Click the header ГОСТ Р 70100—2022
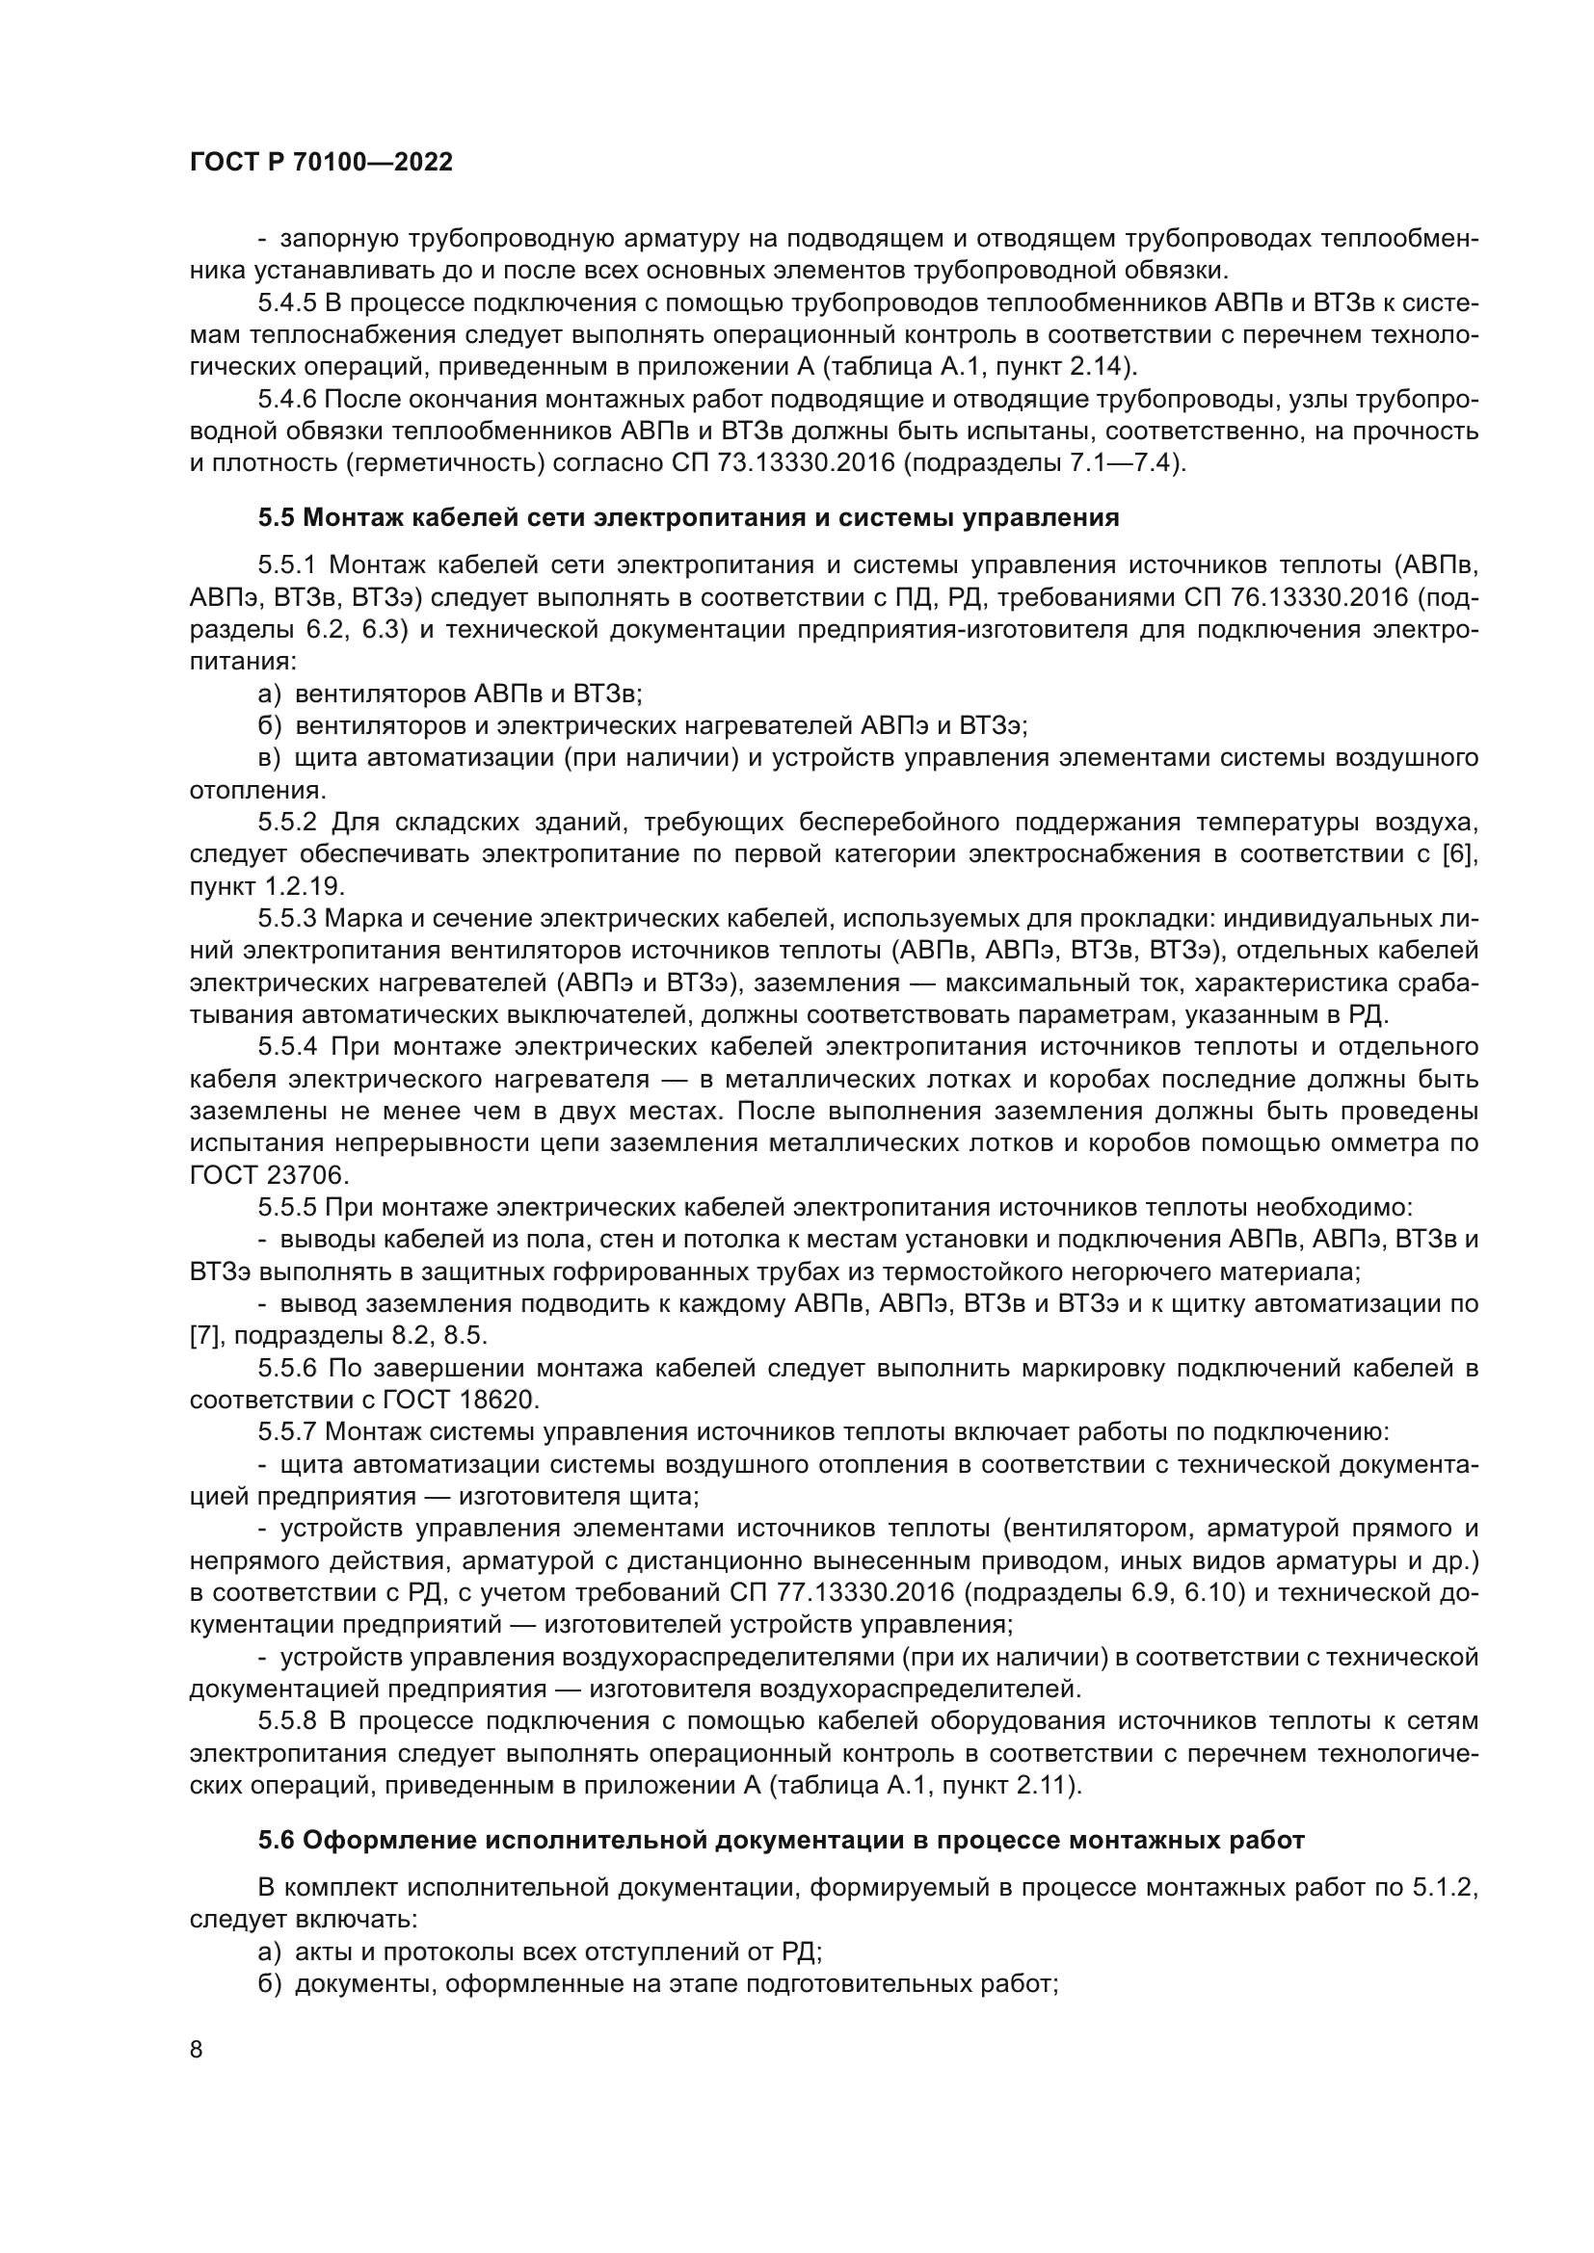click(321, 163)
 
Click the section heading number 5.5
click(278, 517)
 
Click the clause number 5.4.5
click(287, 302)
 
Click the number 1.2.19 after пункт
click(304, 886)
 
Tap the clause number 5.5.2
click(288, 822)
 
